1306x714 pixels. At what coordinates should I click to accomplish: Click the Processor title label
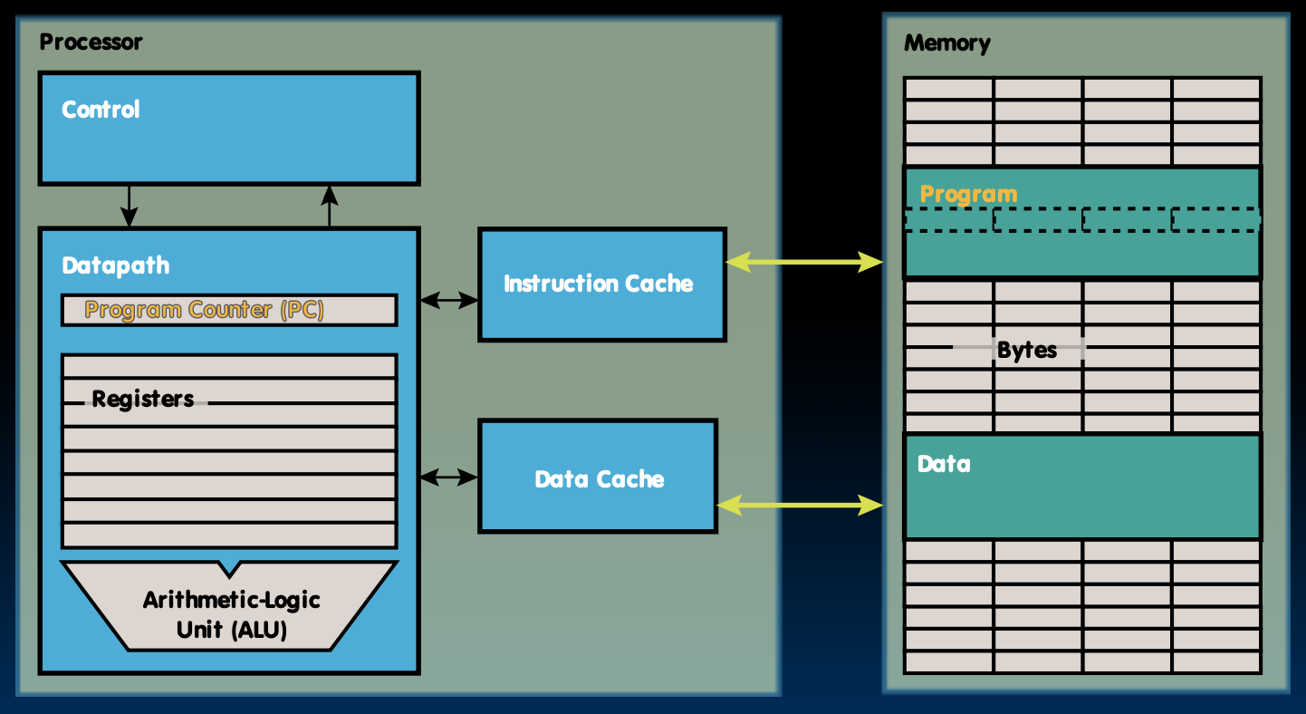[91, 42]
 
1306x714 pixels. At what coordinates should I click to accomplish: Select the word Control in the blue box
[101, 110]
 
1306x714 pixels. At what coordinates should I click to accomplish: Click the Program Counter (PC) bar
[229, 310]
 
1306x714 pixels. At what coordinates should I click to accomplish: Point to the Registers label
[143, 399]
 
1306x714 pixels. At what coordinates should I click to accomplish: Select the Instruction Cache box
[601, 285]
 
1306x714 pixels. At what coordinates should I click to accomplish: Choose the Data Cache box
[598, 477]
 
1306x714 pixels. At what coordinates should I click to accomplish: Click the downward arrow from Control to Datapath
[130, 206]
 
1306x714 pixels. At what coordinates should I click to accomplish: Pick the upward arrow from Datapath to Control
[330, 206]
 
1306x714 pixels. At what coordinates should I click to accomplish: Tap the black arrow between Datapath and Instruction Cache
[449, 300]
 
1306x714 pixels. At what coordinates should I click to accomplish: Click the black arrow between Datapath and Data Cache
[449, 476]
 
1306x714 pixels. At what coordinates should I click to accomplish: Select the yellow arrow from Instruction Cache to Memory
[804, 263]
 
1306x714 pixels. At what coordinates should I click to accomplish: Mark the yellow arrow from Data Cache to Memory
[800, 505]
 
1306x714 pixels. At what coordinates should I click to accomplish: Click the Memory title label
[946, 43]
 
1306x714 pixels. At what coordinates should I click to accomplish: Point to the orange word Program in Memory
[968, 194]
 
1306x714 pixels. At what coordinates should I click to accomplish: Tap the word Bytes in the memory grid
[1026, 350]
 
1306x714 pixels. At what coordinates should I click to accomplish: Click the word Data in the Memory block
[944, 464]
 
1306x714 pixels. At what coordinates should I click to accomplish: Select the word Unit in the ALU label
[199, 629]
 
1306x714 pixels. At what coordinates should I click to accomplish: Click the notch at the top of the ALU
[230, 569]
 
